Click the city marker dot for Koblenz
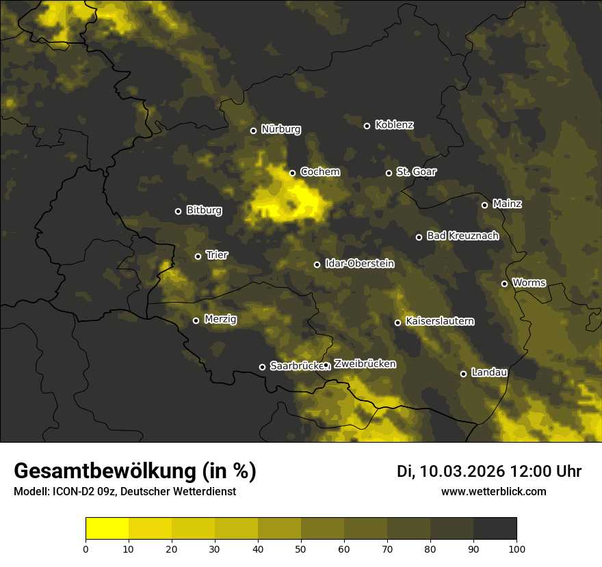(367, 126)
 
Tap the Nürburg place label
(280, 130)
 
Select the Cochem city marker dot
(292, 173)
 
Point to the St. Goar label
(416, 172)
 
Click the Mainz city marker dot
(484, 205)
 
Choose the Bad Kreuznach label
(462, 236)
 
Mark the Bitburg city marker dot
(178, 211)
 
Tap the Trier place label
(217, 255)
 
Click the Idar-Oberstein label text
(359, 264)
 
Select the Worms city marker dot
(504, 283)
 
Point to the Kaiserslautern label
(439, 322)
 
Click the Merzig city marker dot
(196, 320)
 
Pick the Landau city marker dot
(463, 374)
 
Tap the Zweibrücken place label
(365, 364)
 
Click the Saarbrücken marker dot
(262, 367)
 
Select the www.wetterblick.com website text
(493, 491)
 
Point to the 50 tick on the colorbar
(301, 548)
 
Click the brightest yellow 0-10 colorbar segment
(107, 529)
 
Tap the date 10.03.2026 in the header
(462, 471)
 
